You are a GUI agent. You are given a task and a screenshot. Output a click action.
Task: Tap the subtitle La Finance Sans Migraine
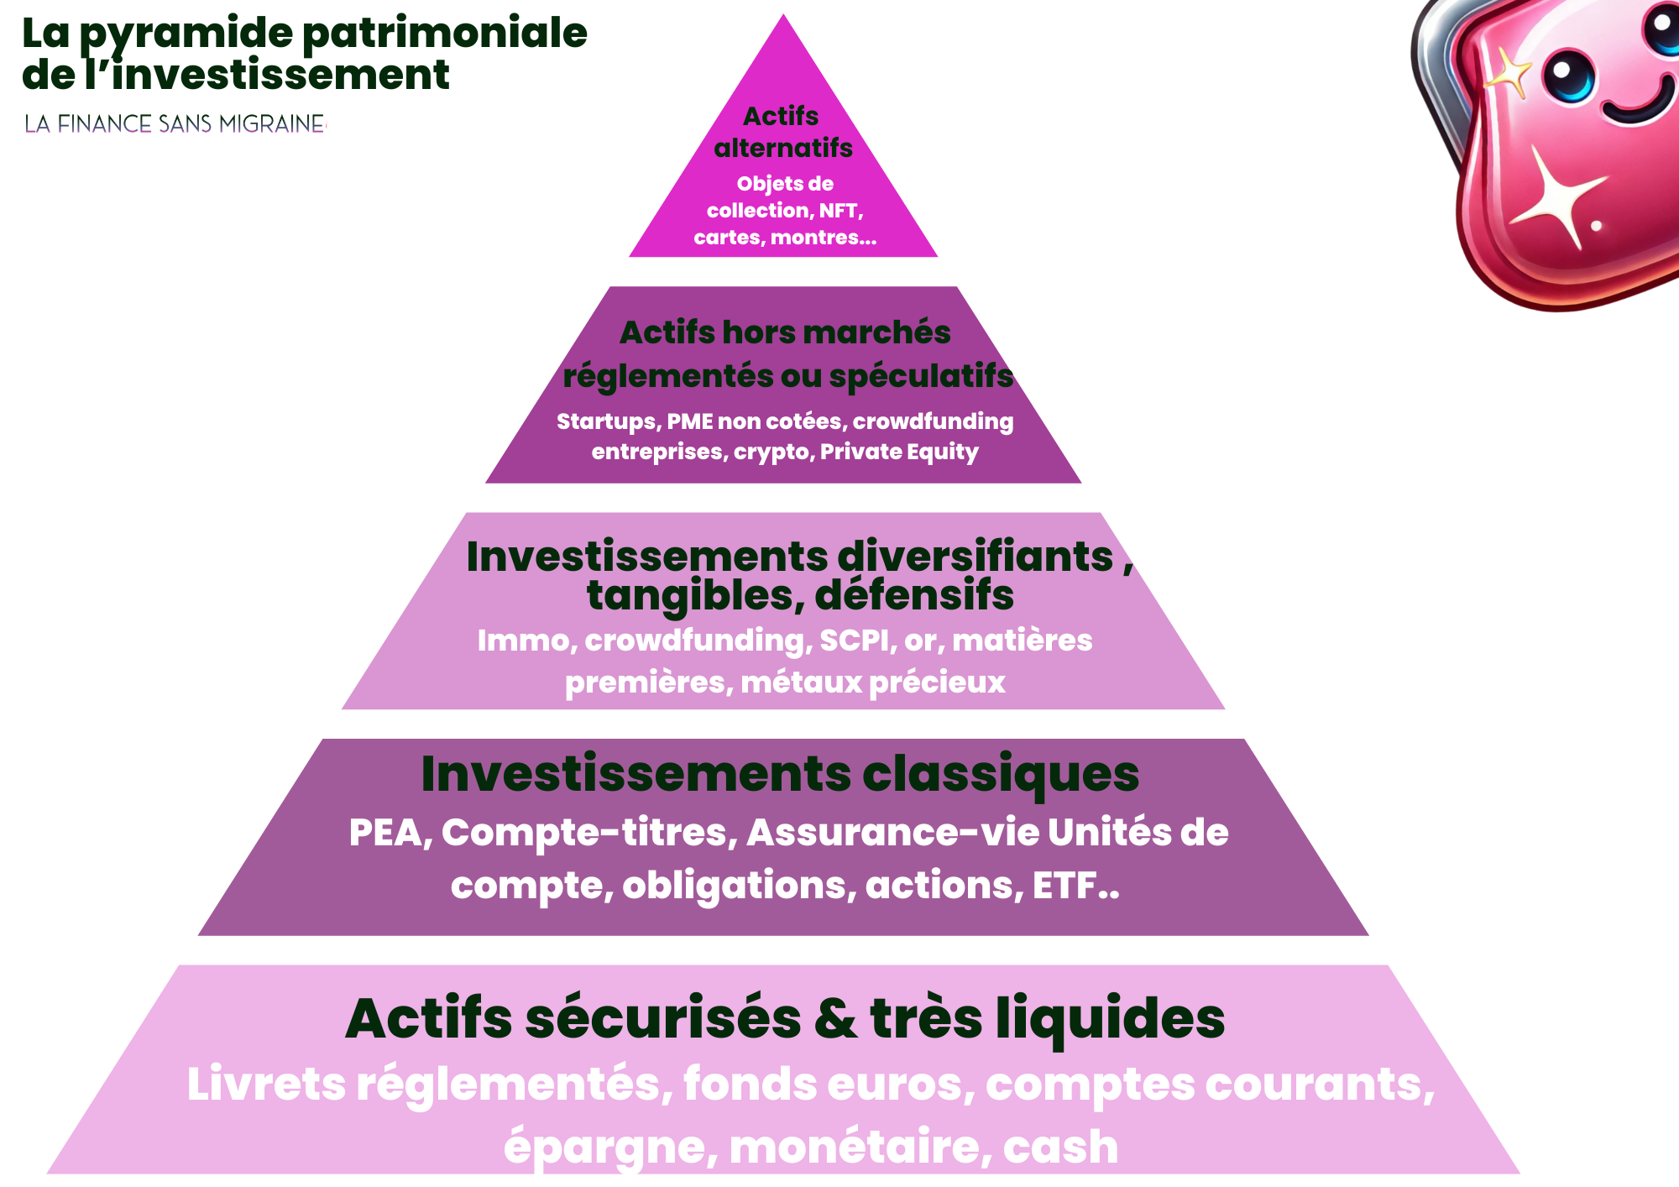pyautogui.click(x=175, y=124)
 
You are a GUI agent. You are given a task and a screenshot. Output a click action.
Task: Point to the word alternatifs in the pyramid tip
pyautogui.click(x=783, y=149)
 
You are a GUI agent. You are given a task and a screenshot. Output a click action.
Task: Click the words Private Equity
pyautogui.click(x=899, y=452)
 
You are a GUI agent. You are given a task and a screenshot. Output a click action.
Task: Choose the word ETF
pyautogui.click(x=1064, y=886)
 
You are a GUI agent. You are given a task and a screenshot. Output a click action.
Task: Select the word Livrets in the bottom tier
pyautogui.click(x=266, y=1084)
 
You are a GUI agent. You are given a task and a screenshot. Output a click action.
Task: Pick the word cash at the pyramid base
pyautogui.click(x=1060, y=1147)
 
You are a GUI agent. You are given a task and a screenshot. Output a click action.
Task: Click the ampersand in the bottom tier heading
pyautogui.click(x=835, y=1019)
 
